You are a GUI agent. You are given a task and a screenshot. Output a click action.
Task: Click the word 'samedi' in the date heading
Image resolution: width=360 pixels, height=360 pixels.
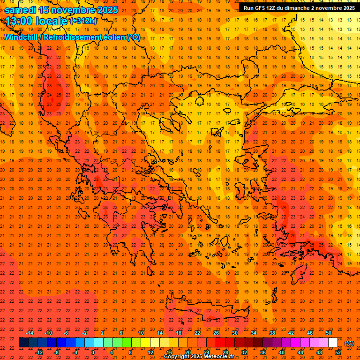(21, 9)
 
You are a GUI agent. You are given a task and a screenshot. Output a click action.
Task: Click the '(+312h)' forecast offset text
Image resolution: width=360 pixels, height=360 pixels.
(83, 21)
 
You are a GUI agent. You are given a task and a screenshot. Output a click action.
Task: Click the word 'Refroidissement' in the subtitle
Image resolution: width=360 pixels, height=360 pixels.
(75, 37)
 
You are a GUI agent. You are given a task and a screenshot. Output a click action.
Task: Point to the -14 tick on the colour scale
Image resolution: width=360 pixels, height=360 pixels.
(30, 333)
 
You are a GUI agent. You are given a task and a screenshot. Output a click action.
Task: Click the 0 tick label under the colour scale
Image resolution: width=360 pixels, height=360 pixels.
(93, 352)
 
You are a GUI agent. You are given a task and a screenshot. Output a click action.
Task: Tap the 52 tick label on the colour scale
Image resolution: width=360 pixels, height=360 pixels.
(338, 352)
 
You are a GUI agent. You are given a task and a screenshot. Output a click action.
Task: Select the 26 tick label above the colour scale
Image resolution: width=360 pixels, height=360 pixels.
(216, 333)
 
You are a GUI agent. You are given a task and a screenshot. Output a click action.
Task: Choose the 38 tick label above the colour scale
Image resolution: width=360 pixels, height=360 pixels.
(272, 333)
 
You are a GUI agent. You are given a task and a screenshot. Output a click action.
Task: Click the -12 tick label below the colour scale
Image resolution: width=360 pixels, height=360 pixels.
(39, 352)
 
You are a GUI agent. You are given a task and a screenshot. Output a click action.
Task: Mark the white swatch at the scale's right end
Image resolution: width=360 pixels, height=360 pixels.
(333, 343)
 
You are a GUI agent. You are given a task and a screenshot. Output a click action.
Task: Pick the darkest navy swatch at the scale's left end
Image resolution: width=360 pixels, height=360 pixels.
(23, 343)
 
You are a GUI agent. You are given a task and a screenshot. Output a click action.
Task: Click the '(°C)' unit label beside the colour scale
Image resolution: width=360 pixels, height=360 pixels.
(349, 343)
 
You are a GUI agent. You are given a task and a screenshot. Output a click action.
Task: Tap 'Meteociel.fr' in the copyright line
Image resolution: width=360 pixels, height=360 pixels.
(217, 357)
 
